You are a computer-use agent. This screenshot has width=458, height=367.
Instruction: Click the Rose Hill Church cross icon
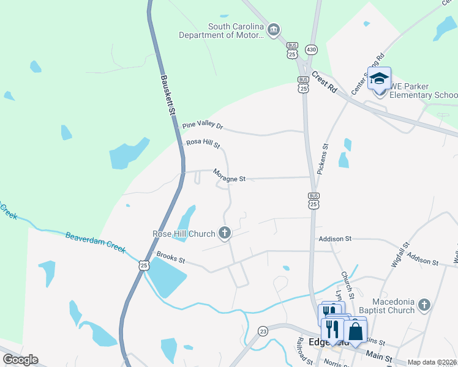225,232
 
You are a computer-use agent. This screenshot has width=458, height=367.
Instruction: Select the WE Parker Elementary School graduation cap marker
379,78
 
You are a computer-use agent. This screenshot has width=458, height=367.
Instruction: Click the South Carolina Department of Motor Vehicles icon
274,29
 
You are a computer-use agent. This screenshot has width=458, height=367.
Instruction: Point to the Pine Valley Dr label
203,126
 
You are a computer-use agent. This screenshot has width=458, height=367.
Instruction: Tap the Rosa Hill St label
203,144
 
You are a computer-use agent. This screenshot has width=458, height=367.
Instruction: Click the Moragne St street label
229,176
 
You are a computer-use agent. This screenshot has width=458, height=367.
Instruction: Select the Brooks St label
171,259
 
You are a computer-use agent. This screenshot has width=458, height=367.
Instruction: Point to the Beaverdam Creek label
95,243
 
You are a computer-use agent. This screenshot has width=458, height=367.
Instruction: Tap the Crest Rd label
325,83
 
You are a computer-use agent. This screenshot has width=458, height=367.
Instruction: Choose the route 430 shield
312,49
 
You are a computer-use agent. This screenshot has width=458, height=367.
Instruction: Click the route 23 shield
262,330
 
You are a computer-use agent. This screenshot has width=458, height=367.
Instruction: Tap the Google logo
20,360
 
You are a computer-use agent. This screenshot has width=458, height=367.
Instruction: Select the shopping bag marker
355,332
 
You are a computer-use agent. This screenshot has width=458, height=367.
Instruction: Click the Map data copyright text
431,362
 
